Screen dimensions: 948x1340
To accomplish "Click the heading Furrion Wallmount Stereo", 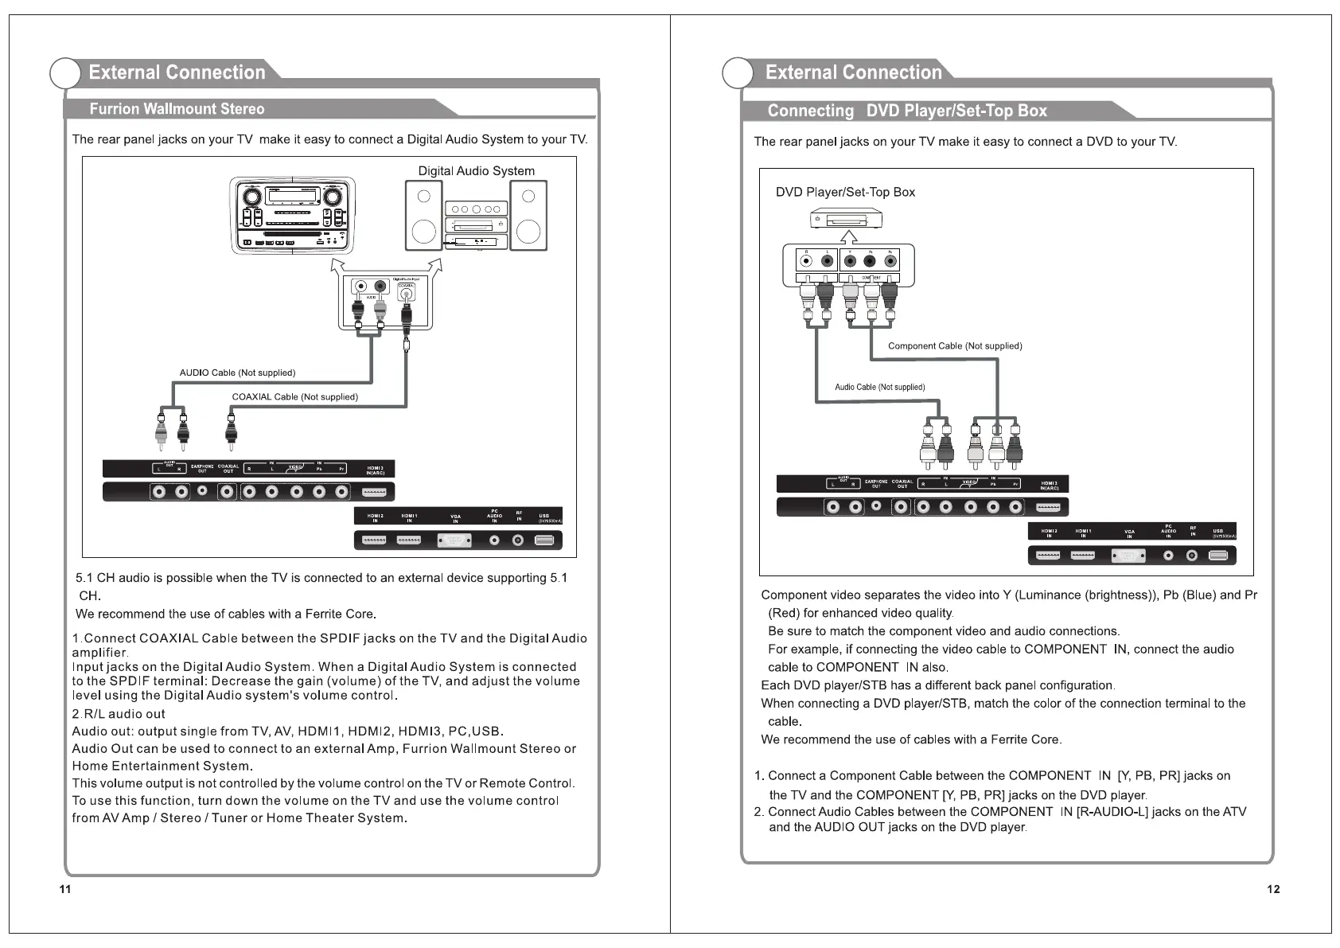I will (x=177, y=109).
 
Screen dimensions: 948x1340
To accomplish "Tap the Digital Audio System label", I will (x=476, y=171).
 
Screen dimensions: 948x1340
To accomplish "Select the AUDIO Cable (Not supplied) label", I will (x=237, y=373).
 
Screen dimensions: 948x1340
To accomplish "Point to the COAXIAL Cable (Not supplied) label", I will (x=294, y=396).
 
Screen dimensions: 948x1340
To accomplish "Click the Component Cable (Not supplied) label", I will (x=955, y=345).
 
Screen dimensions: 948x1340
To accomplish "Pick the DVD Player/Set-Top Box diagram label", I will (x=845, y=192).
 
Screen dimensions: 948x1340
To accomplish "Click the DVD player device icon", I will (x=847, y=217).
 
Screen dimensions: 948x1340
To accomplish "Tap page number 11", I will (x=65, y=889).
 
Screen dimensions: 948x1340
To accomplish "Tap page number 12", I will (x=1273, y=889).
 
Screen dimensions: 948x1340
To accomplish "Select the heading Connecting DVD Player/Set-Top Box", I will (x=906, y=111).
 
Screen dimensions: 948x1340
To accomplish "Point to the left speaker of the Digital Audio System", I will (x=424, y=215).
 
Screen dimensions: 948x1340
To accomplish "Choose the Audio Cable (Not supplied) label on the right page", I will (x=879, y=387).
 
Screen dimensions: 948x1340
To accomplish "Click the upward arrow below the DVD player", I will (x=849, y=236).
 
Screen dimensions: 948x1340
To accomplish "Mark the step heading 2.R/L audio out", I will (x=119, y=714).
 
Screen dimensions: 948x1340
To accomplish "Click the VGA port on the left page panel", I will (x=454, y=540).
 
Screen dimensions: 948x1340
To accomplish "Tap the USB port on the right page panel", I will (x=1217, y=556).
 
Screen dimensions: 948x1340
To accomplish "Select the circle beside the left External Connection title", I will (x=65, y=73).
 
